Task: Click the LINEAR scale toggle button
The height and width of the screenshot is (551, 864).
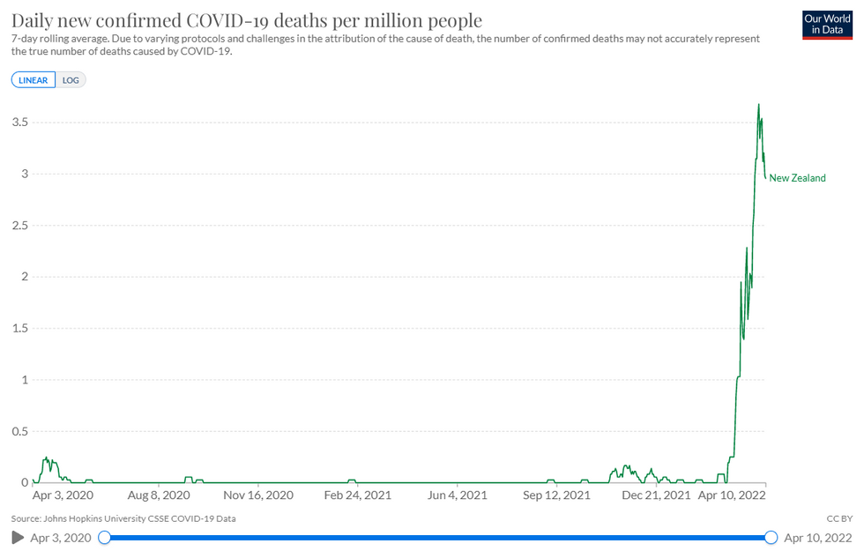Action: tap(34, 79)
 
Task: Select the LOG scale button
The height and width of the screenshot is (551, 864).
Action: tap(71, 79)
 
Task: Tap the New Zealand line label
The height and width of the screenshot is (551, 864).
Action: tap(797, 178)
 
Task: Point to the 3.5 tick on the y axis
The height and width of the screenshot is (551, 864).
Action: tap(19, 123)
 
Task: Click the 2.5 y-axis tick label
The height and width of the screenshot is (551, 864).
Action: tap(19, 226)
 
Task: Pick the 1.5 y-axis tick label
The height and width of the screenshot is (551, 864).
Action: tap(19, 329)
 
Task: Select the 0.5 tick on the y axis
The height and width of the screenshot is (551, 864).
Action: tap(19, 432)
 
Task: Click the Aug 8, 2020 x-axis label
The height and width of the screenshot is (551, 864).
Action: tap(157, 495)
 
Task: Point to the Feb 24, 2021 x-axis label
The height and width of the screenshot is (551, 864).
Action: tap(357, 495)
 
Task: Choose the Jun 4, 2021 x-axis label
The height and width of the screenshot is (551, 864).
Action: tap(457, 495)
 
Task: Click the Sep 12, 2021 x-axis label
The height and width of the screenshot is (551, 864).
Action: tap(556, 495)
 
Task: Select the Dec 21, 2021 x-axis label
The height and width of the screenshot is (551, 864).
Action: tap(656, 495)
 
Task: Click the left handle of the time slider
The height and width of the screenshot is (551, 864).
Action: tap(105, 537)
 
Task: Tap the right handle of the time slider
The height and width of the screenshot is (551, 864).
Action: tap(771, 537)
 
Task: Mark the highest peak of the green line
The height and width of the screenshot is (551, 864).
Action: tap(758, 105)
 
